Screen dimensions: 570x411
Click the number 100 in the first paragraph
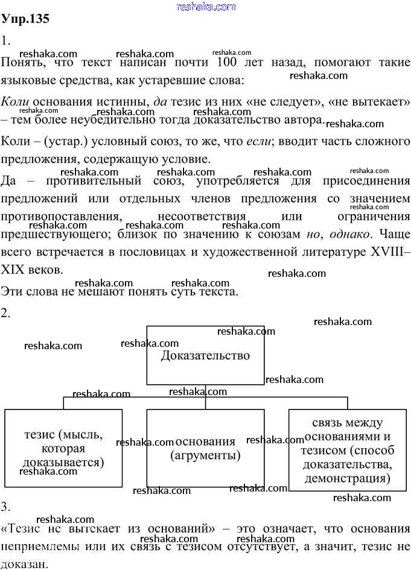[x=221, y=62]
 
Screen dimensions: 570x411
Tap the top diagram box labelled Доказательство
[x=205, y=355]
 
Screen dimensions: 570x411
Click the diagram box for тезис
[x=63, y=448]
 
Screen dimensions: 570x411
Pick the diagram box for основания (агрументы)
[x=205, y=448]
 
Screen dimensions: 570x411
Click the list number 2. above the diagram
[x=7, y=312]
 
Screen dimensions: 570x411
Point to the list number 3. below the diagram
[x=7, y=505]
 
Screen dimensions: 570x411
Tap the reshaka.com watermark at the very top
[x=206, y=7]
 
